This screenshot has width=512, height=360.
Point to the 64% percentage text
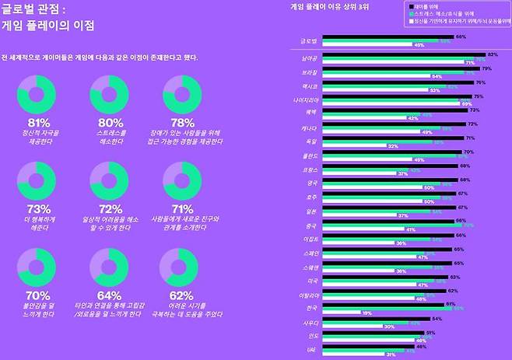(110, 295)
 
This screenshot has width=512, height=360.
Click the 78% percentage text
(181, 123)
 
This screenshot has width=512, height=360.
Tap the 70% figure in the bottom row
(38, 295)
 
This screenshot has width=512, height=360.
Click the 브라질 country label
(309, 71)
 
